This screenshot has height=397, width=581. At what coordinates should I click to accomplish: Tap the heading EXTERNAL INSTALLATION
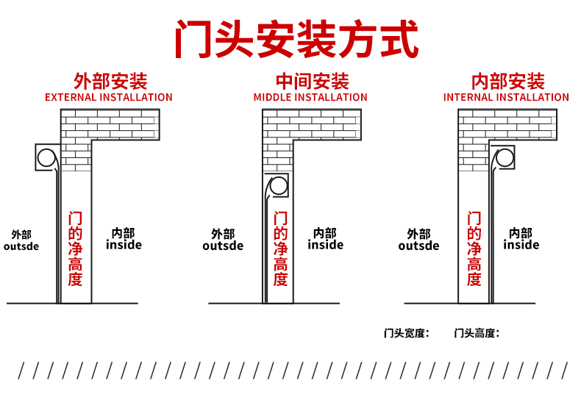109,97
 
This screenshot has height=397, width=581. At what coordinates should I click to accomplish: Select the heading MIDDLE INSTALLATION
310,97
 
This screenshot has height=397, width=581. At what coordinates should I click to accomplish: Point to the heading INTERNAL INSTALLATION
506,97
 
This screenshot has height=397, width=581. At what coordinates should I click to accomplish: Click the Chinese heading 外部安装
110,81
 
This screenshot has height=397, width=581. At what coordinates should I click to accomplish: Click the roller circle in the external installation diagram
46,158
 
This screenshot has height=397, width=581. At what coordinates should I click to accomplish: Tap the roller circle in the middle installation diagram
279,186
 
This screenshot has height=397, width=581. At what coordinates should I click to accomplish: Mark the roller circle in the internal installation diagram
505,158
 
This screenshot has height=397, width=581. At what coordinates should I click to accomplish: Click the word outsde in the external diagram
21,247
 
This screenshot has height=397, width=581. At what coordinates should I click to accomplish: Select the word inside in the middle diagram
326,245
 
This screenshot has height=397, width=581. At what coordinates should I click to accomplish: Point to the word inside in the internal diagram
521,245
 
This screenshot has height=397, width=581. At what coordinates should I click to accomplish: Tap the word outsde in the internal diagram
418,246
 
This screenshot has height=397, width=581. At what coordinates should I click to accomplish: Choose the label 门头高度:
477,333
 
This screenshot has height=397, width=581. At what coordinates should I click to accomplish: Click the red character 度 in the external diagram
75,279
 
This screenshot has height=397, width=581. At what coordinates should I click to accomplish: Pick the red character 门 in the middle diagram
280,218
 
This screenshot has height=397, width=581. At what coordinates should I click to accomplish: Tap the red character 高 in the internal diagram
474,264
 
